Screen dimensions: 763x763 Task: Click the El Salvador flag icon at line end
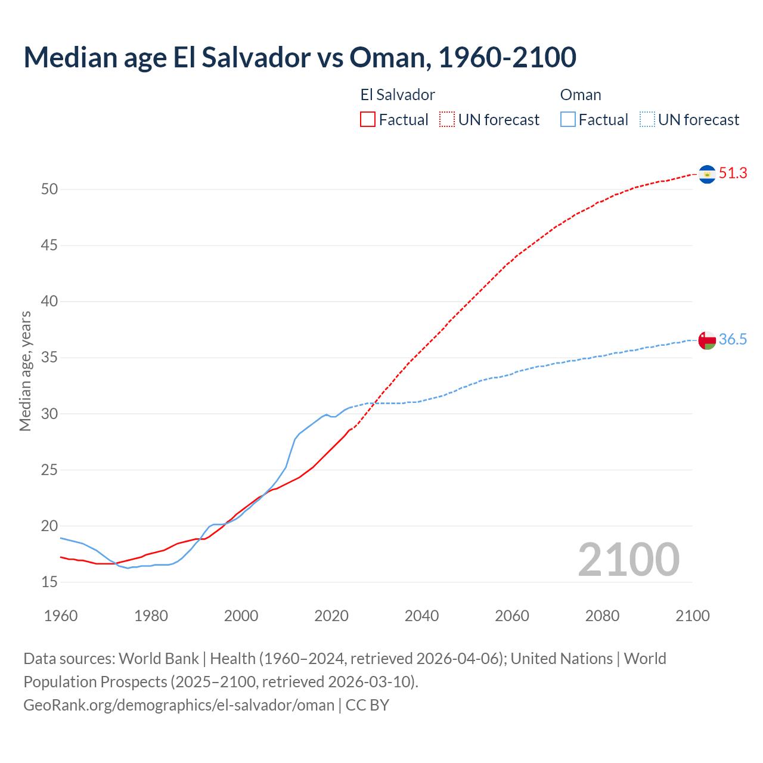(x=707, y=174)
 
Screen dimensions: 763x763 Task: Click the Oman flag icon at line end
(x=707, y=340)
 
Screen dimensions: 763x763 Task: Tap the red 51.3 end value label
(x=733, y=173)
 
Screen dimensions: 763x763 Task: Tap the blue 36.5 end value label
(x=733, y=340)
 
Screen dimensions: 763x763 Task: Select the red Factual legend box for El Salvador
(x=368, y=120)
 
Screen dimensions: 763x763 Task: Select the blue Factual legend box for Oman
(x=568, y=120)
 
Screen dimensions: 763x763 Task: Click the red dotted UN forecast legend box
(x=447, y=120)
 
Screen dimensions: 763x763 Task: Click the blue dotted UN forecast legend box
(x=647, y=120)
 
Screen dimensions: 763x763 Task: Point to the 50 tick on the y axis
(x=49, y=190)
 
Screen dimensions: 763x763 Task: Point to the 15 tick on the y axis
(x=49, y=582)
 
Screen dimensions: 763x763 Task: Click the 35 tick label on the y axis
(x=49, y=358)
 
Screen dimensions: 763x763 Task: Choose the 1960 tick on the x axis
(x=61, y=616)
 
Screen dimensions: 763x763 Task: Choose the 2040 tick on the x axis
(x=421, y=616)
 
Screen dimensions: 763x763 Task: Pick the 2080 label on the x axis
(x=602, y=616)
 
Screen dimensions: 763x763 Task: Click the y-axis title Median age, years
(x=25, y=371)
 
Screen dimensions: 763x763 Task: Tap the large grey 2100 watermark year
(x=628, y=560)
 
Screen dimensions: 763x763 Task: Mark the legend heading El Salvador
(x=398, y=95)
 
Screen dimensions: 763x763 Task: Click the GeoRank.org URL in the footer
(x=179, y=705)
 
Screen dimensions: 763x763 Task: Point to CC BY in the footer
(x=367, y=705)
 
